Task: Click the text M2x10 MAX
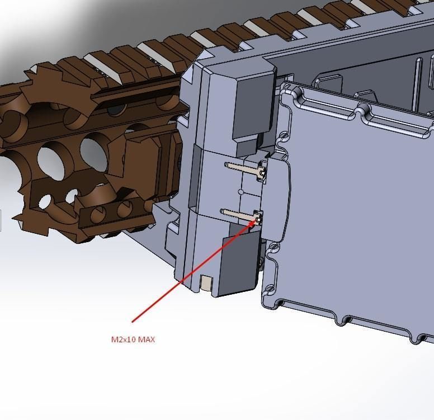click(133, 339)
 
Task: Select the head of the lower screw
click(258, 216)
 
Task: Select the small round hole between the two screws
click(241, 191)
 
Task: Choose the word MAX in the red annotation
click(147, 339)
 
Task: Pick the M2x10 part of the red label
click(123, 339)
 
